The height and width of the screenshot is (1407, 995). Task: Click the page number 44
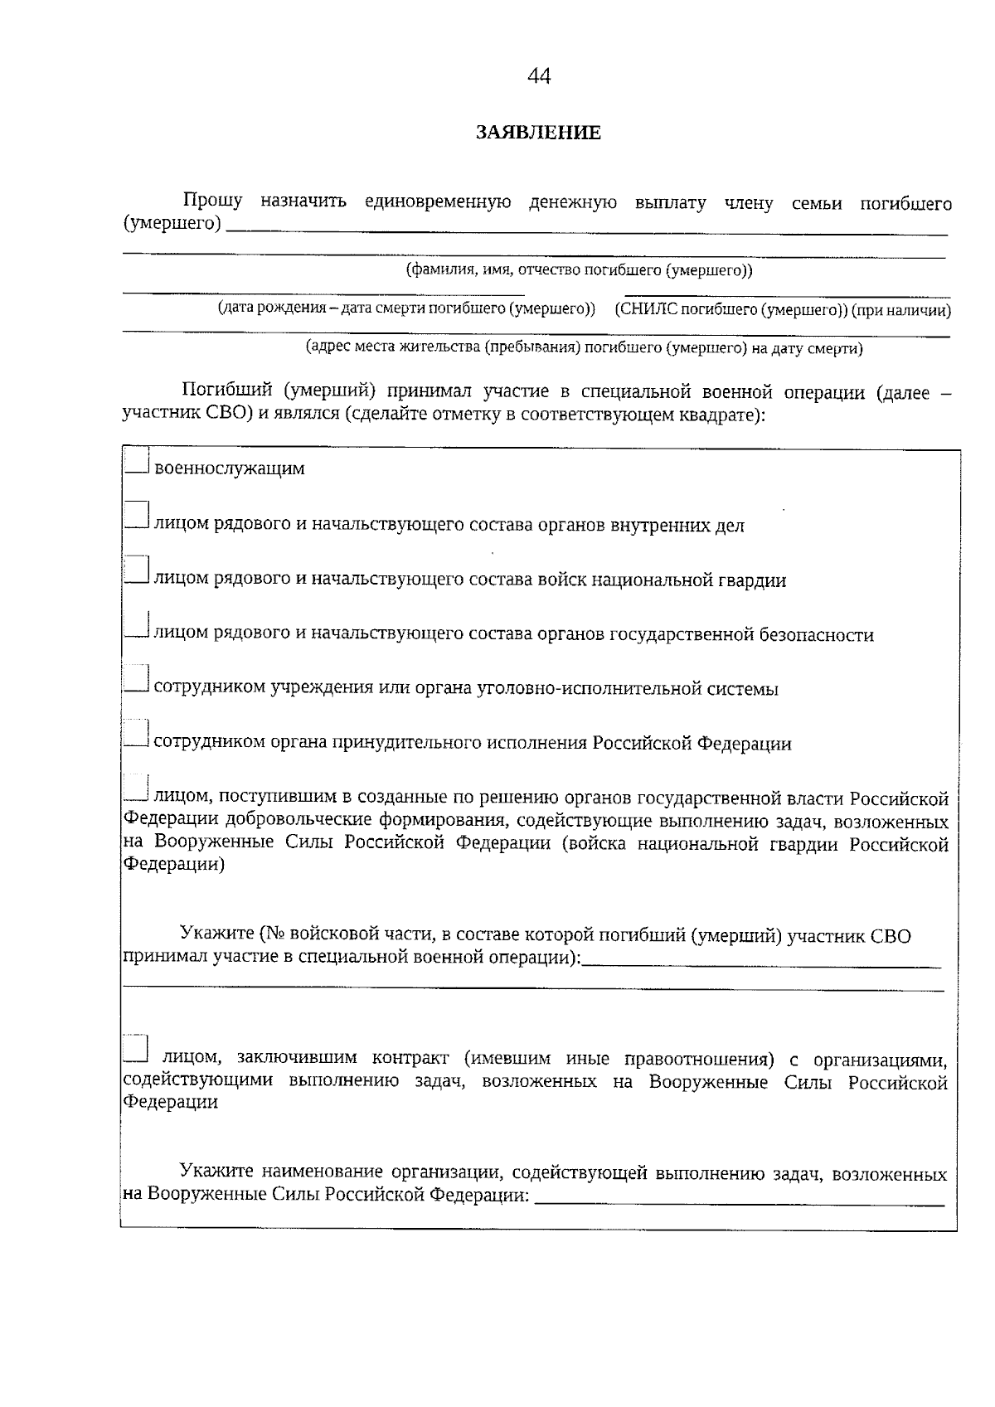pyautogui.click(x=539, y=76)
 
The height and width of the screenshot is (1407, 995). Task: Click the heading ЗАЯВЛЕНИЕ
pyautogui.click(x=539, y=133)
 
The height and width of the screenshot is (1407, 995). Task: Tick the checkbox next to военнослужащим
pyautogui.click(x=137, y=461)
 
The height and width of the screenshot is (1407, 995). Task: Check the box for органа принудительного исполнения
pyautogui.click(x=137, y=734)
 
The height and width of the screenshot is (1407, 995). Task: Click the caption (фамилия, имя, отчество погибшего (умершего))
pyautogui.click(x=579, y=270)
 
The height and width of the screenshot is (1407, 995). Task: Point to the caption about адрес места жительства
pyautogui.click(x=584, y=348)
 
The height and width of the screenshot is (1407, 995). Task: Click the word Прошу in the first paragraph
pyautogui.click(x=212, y=201)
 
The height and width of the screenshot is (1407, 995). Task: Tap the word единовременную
pyautogui.click(x=437, y=202)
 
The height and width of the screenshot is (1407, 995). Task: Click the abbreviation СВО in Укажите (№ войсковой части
pyautogui.click(x=891, y=937)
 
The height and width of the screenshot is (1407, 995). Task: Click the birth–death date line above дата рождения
pyautogui.click(x=323, y=292)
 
